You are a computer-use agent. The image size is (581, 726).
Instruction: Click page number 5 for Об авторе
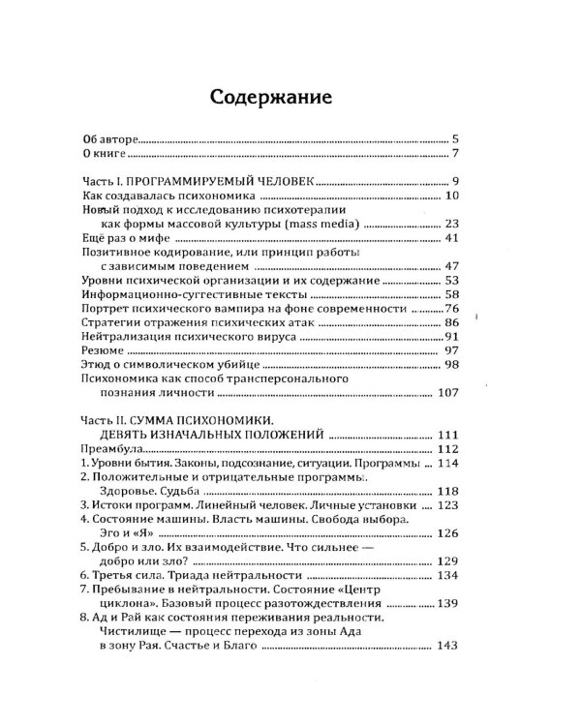click(453, 139)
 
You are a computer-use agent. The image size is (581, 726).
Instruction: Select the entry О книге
click(101, 155)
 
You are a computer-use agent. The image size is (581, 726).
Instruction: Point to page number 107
click(446, 393)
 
